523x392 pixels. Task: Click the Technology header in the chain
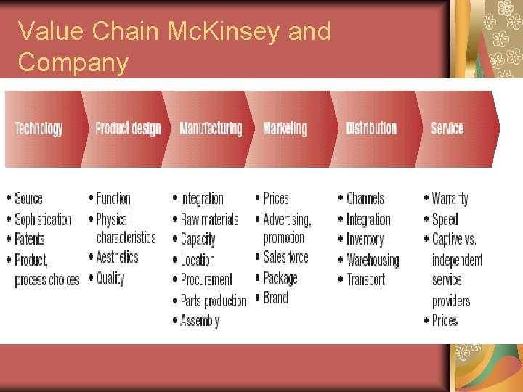pyautogui.click(x=38, y=128)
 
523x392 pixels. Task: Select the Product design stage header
pyautogui.click(x=128, y=128)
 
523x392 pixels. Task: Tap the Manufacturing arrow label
pyautogui.click(x=211, y=128)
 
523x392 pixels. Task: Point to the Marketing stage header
pyautogui.click(x=285, y=128)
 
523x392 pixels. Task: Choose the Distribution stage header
pyautogui.click(x=371, y=128)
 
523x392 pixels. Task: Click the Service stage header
pyautogui.click(x=447, y=128)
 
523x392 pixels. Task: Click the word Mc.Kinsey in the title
pyautogui.click(x=207, y=31)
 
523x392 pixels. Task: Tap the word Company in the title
pyautogui.click(x=73, y=62)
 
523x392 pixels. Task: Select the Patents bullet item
pyautogui.click(x=30, y=239)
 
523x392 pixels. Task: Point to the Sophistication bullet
pyautogui.click(x=44, y=219)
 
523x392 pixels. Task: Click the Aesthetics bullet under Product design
pyautogui.click(x=117, y=257)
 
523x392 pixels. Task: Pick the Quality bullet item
pyautogui.click(x=110, y=278)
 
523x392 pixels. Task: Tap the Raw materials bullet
pyautogui.click(x=209, y=219)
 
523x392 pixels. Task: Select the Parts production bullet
pyautogui.click(x=213, y=300)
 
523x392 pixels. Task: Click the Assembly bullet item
pyautogui.click(x=200, y=320)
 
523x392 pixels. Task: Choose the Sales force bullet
pyautogui.click(x=285, y=257)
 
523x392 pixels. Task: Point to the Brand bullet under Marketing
pyautogui.click(x=276, y=298)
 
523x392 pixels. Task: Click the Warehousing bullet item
pyautogui.click(x=373, y=260)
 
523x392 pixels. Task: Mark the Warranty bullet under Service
pyautogui.click(x=450, y=198)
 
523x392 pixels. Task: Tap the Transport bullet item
pyautogui.click(x=365, y=279)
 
